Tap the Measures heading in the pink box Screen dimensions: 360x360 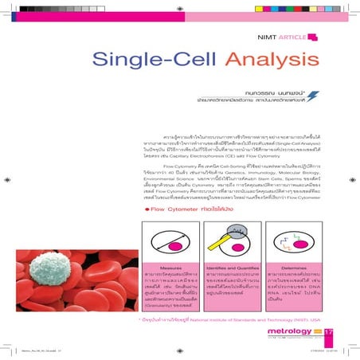click(x=170, y=268)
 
